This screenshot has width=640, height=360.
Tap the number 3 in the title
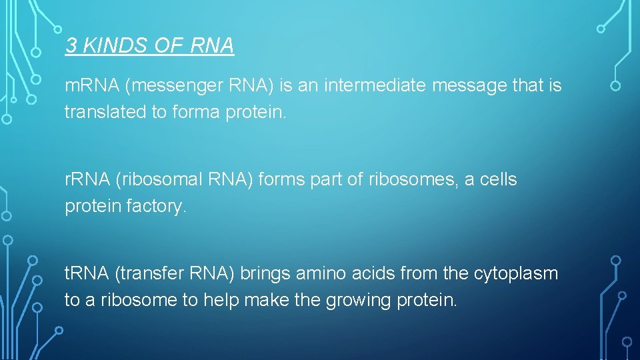point(70,45)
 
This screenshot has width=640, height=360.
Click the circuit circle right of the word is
point(615,86)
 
